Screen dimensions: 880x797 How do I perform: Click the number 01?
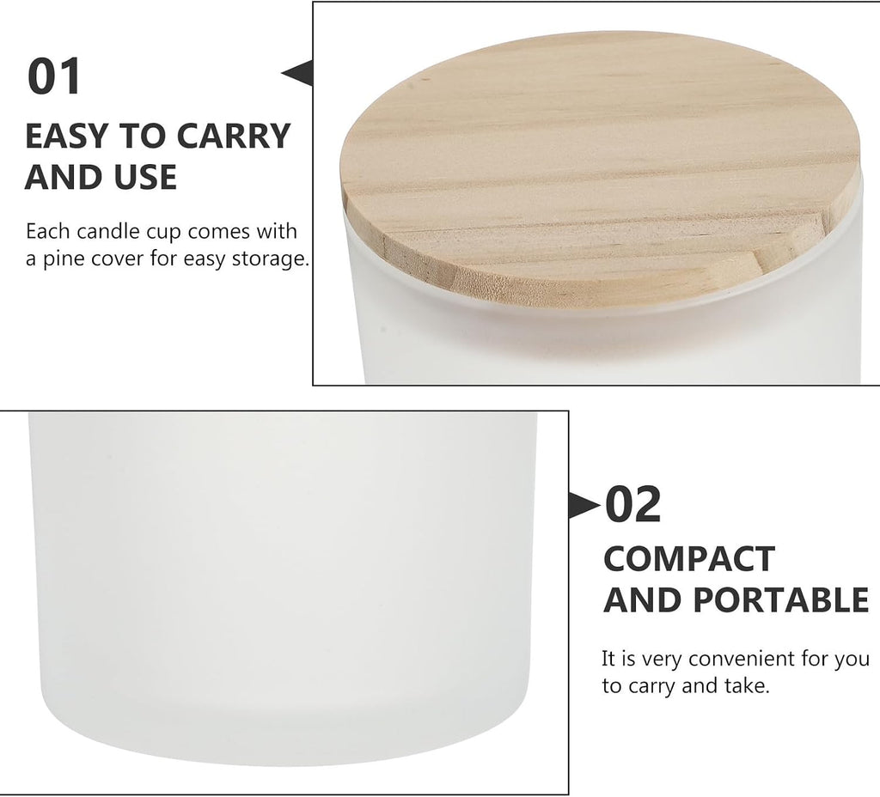pyautogui.click(x=54, y=76)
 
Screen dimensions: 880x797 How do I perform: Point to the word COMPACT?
pyautogui.click(x=688, y=558)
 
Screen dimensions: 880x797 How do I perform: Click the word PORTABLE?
pyautogui.click(x=780, y=599)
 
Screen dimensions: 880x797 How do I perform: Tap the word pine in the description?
pyautogui.click(x=63, y=259)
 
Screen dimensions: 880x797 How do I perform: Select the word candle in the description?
pyautogui.click(x=109, y=231)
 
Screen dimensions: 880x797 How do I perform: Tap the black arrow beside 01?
pyautogui.click(x=296, y=73)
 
